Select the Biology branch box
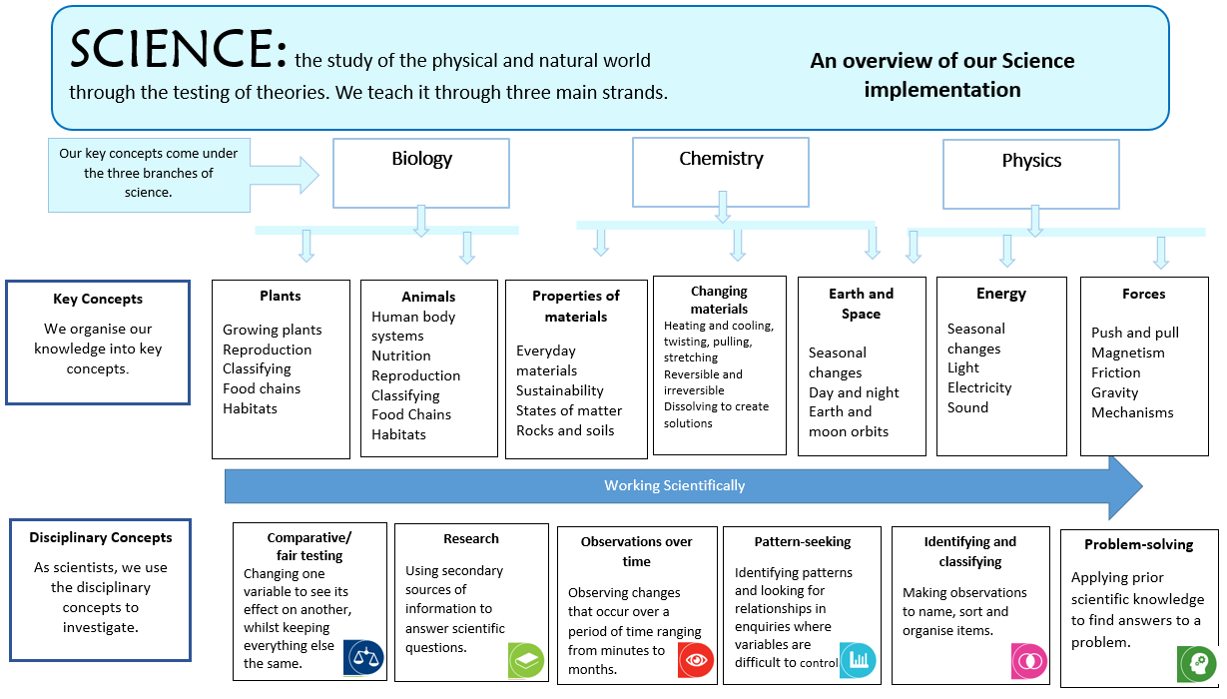pyautogui.click(x=421, y=172)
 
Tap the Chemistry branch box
pyautogui.click(x=721, y=171)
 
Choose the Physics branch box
pyautogui.click(x=1031, y=174)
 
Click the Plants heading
pyautogui.click(x=281, y=296)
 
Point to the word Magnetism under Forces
pyautogui.click(x=1127, y=352)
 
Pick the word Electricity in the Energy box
pyautogui.click(x=979, y=387)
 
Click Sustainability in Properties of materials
pyautogui.click(x=559, y=390)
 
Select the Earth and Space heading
pyautogui.click(x=861, y=304)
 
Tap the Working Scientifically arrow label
pyautogui.click(x=674, y=486)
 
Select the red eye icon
pyautogui.click(x=696, y=660)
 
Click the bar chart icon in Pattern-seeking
pyautogui.click(x=858, y=659)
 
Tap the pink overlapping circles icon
pyautogui.click(x=1029, y=661)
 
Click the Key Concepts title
pyautogui.click(x=98, y=299)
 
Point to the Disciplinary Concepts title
pyautogui.click(x=100, y=537)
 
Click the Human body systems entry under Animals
pyautogui.click(x=412, y=327)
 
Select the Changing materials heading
pyautogui.click(x=719, y=300)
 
